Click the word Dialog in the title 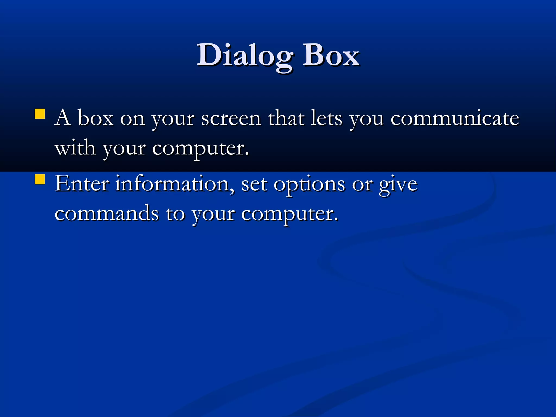(244, 56)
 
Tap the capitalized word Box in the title (331, 56)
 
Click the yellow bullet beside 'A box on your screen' (40, 114)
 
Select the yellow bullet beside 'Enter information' (40, 179)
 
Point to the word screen (231, 119)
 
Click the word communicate (455, 119)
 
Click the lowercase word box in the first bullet (95, 118)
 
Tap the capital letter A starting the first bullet (63, 118)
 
